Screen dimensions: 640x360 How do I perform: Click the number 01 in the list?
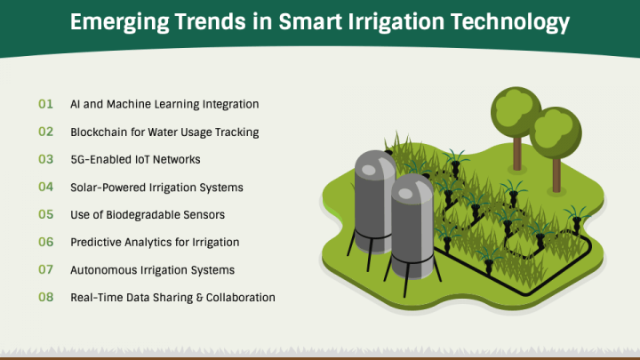[x=45, y=104]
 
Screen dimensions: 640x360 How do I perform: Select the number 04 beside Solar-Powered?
[x=45, y=187]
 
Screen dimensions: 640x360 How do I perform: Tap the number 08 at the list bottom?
[x=45, y=297]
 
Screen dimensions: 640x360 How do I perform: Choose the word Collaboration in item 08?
[x=240, y=297]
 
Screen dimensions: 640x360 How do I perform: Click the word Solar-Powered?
[x=108, y=188]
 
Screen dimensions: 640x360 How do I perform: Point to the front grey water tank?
[x=412, y=227]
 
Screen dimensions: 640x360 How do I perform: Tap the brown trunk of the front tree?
[x=556, y=175]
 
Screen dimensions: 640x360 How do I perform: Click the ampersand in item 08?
[x=199, y=297]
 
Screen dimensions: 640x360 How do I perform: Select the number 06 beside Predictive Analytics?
[x=45, y=242]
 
